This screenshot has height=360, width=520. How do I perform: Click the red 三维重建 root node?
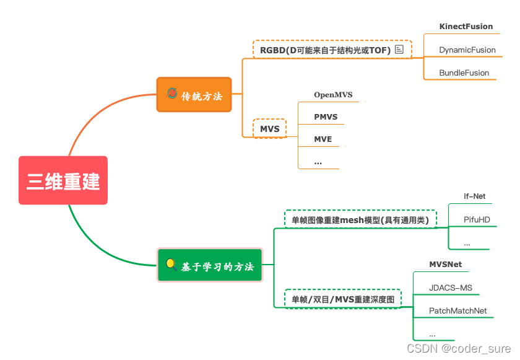click(x=63, y=180)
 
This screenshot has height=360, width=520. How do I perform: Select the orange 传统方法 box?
click(x=194, y=95)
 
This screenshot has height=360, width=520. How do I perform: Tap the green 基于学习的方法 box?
click(x=210, y=266)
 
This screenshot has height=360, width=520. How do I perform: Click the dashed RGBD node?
click(x=332, y=50)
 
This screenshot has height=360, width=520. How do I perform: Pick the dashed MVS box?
click(x=270, y=129)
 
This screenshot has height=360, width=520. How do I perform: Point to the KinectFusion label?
click(x=466, y=27)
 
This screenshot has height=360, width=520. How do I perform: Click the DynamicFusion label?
click(x=467, y=50)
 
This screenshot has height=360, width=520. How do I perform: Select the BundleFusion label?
click(x=464, y=72)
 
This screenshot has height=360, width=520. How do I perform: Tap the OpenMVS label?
click(x=332, y=95)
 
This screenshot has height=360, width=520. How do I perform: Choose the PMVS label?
click(x=326, y=116)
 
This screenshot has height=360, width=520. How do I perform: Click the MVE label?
click(x=323, y=139)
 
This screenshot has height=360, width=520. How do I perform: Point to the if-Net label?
click(x=474, y=196)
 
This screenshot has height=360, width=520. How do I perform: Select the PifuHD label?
click(x=476, y=219)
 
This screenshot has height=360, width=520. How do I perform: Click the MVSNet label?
click(x=445, y=265)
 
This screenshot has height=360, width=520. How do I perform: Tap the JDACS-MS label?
click(x=450, y=288)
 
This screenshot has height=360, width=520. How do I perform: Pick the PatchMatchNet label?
click(x=457, y=310)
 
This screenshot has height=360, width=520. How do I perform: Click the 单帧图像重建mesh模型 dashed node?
click(x=361, y=219)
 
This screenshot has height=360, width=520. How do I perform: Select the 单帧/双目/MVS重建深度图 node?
click(x=343, y=299)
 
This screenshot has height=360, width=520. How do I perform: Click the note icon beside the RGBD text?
click(x=399, y=49)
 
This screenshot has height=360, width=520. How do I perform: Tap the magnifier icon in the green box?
click(x=171, y=265)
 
